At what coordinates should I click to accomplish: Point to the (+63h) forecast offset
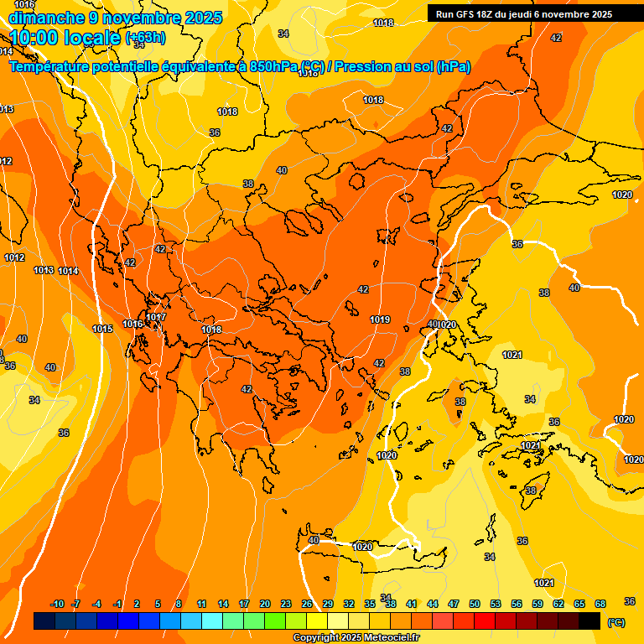click(145, 38)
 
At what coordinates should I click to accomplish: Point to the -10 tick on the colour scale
click(57, 604)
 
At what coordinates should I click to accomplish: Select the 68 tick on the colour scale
click(600, 604)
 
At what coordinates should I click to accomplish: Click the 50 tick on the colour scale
click(475, 604)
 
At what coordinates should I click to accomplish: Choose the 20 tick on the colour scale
click(265, 604)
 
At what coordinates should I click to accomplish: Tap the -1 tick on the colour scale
click(117, 604)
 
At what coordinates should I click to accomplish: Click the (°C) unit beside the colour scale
click(615, 622)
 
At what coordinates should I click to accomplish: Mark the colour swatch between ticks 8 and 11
click(190, 621)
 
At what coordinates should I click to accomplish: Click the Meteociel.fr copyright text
click(356, 638)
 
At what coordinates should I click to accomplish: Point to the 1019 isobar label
click(380, 319)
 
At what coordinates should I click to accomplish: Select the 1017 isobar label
click(157, 317)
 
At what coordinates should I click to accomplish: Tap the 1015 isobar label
click(102, 329)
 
